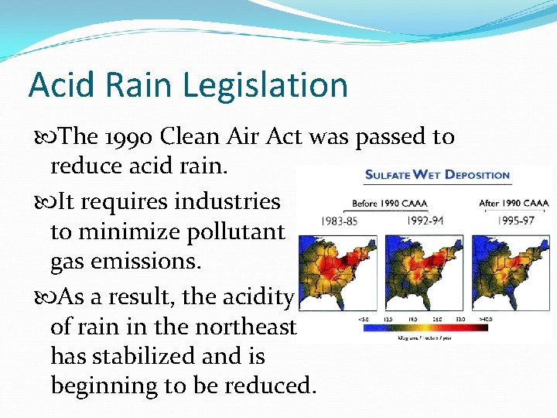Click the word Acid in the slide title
[58, 84]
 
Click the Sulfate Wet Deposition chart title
[437, 174]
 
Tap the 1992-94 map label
[426, 220]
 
